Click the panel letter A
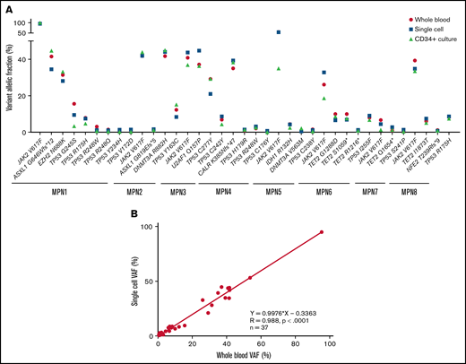pyautogui.click(x=6, y=6)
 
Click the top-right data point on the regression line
pyautogui.click(x=321, y=232)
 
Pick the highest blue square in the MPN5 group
pyautogui.click(x=279, y=32)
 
